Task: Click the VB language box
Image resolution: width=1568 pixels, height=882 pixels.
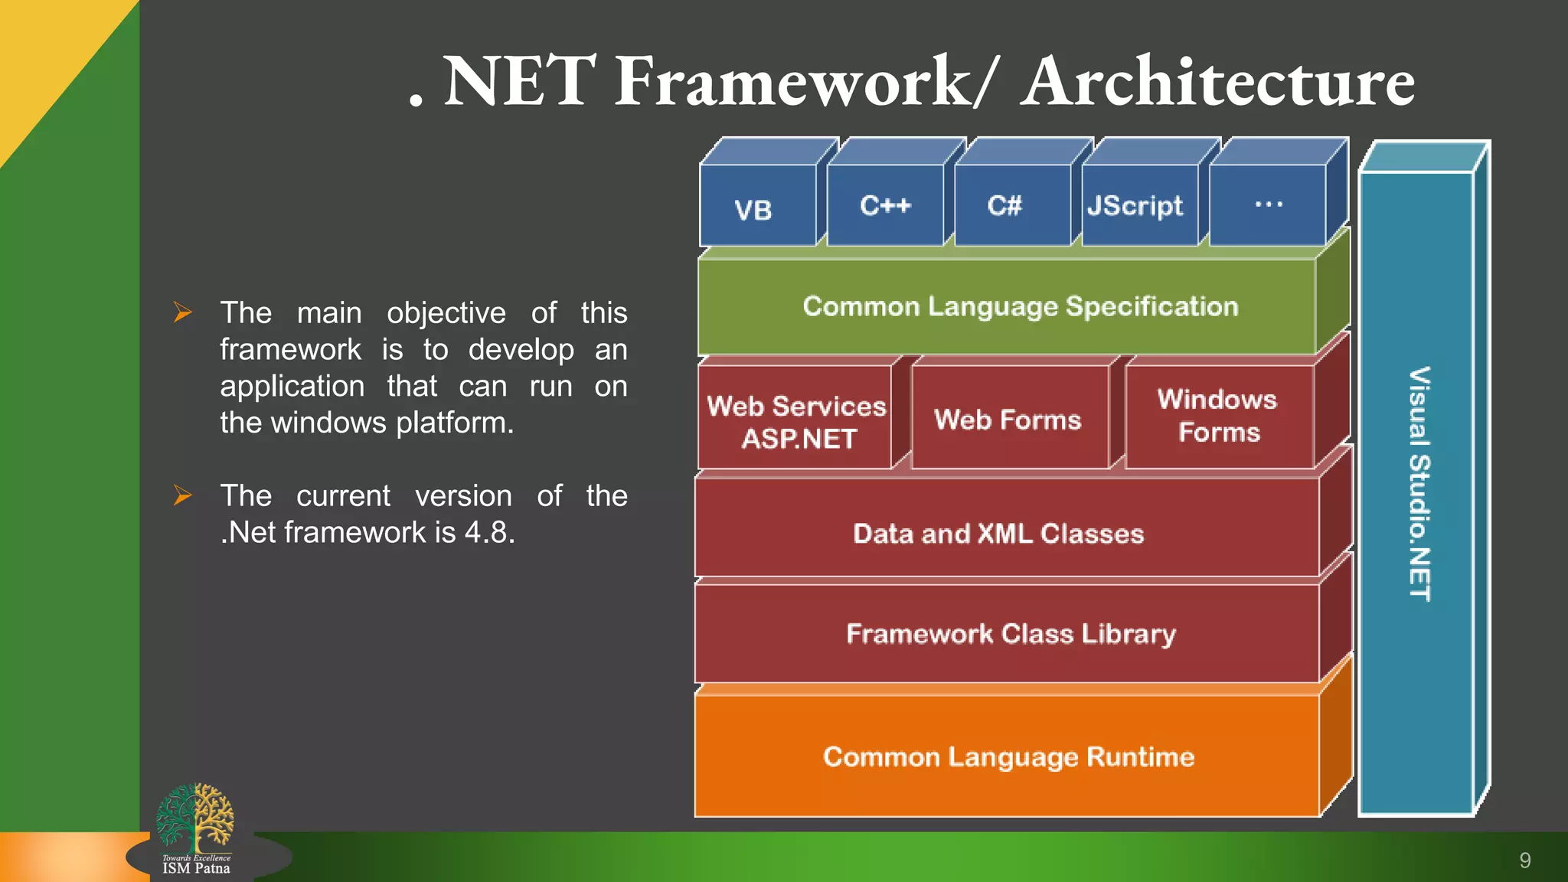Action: coord(756,207)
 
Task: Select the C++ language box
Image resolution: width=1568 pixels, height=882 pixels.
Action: coord(885,205)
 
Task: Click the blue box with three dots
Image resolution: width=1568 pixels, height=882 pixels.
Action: coord(1268,205)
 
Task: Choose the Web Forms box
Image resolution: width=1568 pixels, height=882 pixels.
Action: coord(1009,420)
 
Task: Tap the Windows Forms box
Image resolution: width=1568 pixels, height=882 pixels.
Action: coord(1219,416)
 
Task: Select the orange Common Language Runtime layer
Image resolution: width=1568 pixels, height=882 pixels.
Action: coord(1009,756)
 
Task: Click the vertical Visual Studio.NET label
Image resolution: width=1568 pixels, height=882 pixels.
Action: coord(1419,484)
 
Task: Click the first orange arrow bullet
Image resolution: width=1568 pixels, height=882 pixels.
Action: coord(182,312)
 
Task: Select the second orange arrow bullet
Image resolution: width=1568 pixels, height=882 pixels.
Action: coord(182,495)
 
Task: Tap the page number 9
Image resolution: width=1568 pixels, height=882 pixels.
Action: coord(1524,861)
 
